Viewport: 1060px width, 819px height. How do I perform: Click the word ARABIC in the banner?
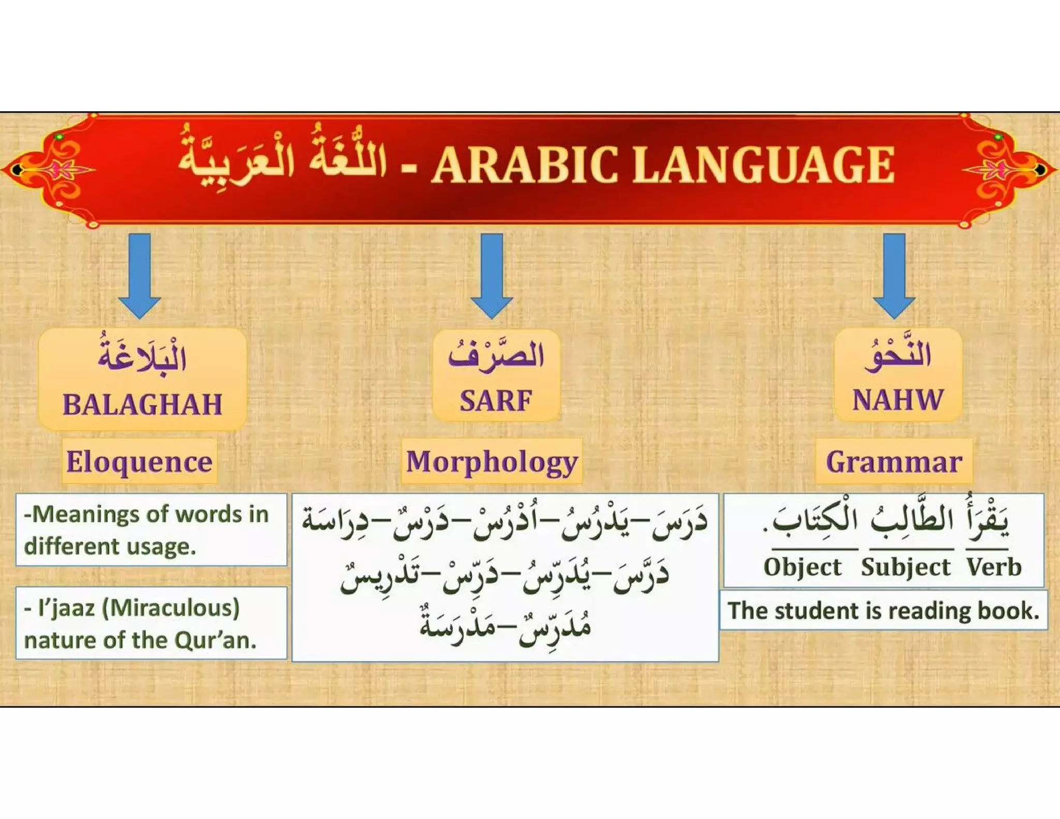[x=524, y=165]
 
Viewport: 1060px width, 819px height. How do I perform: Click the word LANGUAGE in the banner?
[x=764, y=165]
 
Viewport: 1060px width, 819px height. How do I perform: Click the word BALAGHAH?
[x=142, y=404]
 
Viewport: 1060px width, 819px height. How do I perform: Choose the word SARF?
[x=496, y=401]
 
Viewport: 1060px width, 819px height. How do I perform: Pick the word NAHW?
[x=897, y=400]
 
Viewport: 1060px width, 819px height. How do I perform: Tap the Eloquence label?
[x=139, y=461]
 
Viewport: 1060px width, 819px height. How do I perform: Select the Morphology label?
[x=492, y=461]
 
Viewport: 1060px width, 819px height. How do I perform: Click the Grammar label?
[x=894, y=461]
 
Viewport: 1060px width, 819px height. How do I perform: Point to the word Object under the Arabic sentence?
[x=802, y=567]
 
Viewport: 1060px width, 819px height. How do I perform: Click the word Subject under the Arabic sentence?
[x=906, y=567]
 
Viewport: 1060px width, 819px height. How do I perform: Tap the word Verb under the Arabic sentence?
[x=994, y=567]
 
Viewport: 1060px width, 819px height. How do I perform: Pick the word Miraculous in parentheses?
[x=171, y=608]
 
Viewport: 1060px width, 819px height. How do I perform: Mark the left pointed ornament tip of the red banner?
[x=7, y=169]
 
